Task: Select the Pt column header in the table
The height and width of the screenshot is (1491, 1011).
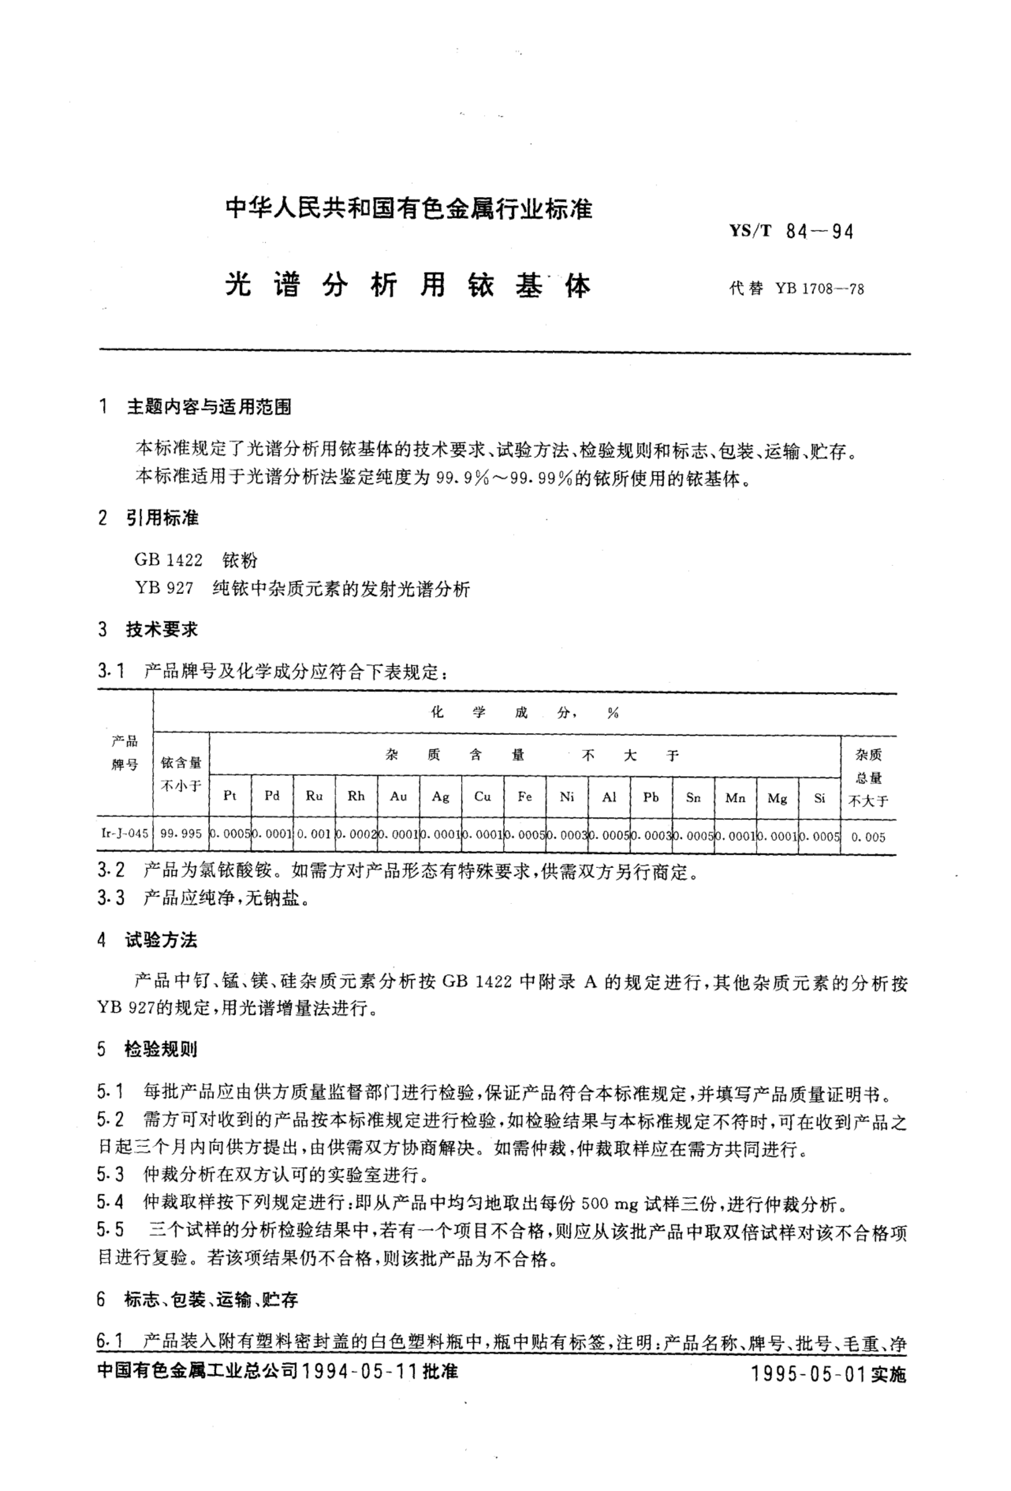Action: click(x=230, y=796)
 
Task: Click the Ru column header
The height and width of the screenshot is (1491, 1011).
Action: click(x=314, y=796)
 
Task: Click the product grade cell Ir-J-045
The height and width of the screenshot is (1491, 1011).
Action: click(x=124, y=834)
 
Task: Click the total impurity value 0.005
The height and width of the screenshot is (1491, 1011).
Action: click(x=868, y=837)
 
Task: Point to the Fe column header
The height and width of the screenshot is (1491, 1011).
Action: click(x=524, y=796)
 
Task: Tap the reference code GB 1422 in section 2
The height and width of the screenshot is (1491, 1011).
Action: click(x=168, y=560)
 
